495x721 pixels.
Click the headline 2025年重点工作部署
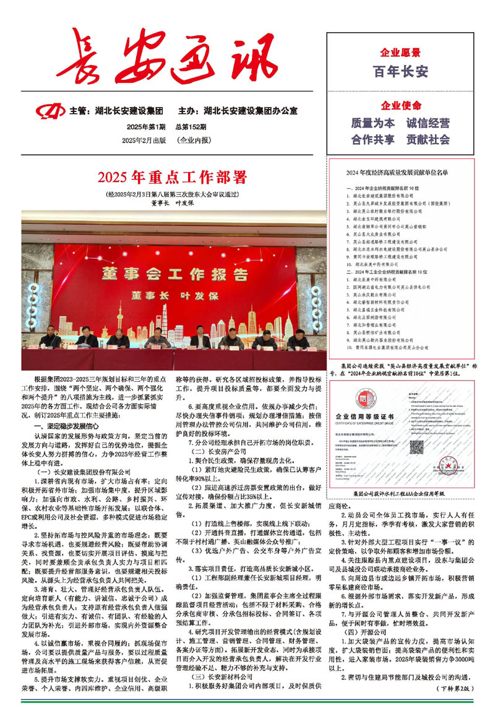[x=173, y=178]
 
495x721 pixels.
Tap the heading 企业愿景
[x=400, y=52]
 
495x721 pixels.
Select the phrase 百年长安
[x=400, y=72]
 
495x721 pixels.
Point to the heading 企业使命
[x=400, y=105]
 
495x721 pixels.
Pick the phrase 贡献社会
[x=428, y=139]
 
